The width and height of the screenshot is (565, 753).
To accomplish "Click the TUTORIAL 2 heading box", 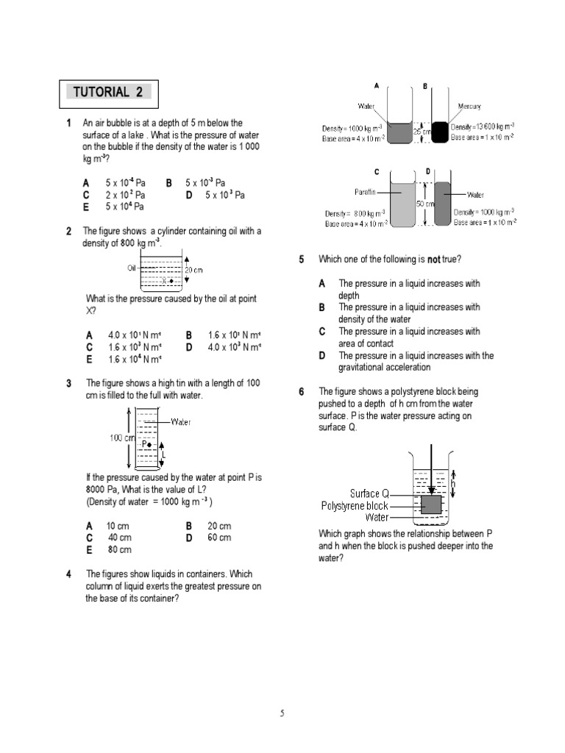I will coord(108,93).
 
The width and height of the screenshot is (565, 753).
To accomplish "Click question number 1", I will coord(68,124).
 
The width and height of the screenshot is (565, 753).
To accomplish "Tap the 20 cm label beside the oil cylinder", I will coord(193,270).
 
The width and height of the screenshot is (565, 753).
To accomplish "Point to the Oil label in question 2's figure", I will coord(132,268).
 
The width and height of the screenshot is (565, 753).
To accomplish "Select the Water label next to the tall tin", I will coord(181,422).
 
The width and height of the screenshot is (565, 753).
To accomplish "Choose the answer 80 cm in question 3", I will coord(119,549).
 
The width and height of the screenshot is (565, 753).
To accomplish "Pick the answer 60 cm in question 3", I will coord(219,538).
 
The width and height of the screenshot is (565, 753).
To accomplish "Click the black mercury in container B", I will coord(439,132).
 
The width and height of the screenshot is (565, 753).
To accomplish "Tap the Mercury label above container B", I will coord(469,107).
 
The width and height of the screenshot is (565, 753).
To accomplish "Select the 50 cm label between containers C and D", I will coord(425,204).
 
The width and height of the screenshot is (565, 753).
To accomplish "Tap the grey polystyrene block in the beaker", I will coord(431,504).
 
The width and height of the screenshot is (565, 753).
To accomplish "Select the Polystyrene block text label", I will coord(355,506).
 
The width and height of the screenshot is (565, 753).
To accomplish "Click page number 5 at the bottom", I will coord(282,713).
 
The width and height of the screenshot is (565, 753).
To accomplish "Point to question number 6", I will coord(302,392).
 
